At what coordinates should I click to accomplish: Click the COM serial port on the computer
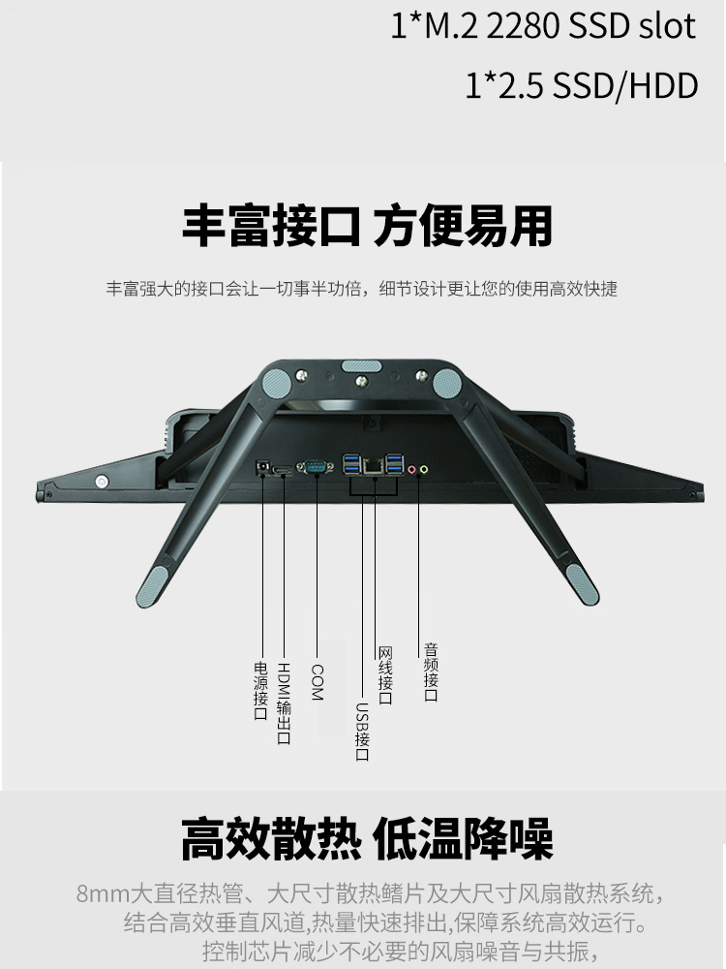click(x=317, y=468)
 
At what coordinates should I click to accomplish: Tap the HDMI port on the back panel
click(x=283, y=470)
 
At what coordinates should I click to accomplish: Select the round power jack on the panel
click(x=260, y=467)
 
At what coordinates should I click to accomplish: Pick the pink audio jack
click(x=411, y=470)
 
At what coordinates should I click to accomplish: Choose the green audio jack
click(x=424, y=470)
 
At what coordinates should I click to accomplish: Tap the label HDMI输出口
click(x=284, y=703)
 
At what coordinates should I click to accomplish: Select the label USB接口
click(x=361, y=731)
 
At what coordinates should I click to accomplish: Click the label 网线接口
click(x=384, y=675)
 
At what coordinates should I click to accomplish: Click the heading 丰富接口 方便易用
click(x=367, y=226)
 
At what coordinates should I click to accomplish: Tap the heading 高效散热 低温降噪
click(x=367, y=839)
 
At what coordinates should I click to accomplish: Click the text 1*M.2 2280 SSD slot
click(x=542, y=27)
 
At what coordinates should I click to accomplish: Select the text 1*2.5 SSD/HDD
click(x=581, y=85)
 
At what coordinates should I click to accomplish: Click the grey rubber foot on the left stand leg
click(x=152, y=586)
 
